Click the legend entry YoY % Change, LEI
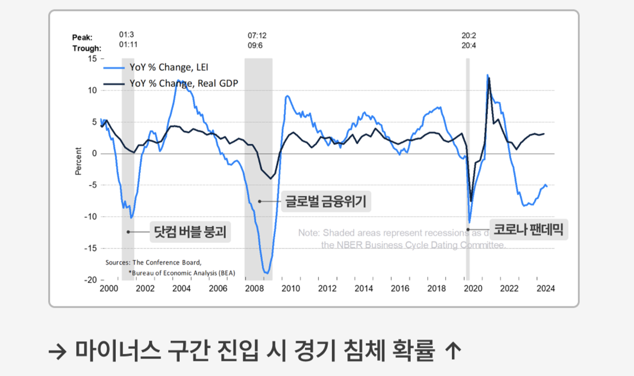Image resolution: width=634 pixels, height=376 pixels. (x=169, y=68)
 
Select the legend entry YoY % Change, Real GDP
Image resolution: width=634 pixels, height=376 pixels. (x=184, y=84)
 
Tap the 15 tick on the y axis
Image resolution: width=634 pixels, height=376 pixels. (x=92, y=59)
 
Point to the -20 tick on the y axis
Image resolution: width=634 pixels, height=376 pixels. (x=91, y=280)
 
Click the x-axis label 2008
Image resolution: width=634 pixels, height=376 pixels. (x=254, y=288)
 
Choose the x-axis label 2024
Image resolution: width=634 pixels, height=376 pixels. (x=545, y=288)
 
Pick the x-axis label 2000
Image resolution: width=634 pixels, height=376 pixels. (x=108, y=288)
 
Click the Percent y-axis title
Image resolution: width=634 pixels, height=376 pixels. (x=78, y=161)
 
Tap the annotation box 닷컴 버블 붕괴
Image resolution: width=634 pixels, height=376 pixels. (x=190, y=232)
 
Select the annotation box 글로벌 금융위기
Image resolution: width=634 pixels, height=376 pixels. (x=325, y=201)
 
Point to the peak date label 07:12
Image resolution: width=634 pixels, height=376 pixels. (x=257, y=35)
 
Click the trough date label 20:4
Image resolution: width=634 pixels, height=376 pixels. (x=469, y=45)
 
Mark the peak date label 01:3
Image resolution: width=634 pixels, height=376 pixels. (x=127, y=35)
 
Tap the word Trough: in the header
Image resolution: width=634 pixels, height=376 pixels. (x=87, y=48)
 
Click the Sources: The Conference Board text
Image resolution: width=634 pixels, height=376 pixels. (x=153, y=262)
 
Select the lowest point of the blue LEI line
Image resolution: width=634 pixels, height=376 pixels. (x=267, y=273)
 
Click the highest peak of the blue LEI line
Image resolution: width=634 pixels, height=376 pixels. (x=487, y=75)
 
